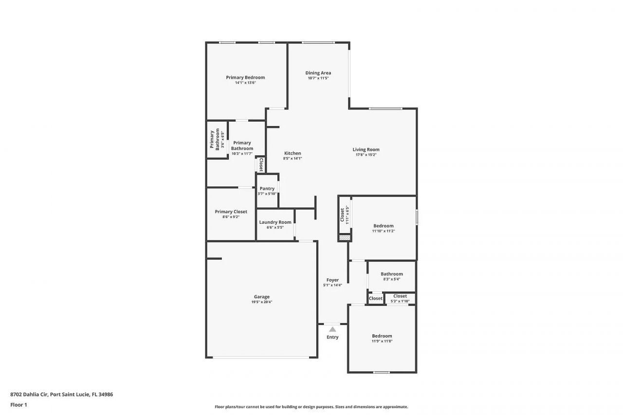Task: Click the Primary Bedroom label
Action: click(x=245, y=77)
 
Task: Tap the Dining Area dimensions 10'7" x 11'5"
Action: click(x=318, y=78)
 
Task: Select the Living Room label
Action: click(x=366, y=149)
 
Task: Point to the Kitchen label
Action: click(x=293, y=153)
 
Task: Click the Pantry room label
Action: click(x=267, y=189)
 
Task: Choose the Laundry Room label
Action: click(x=275, y=222)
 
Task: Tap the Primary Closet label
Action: click(x=231, y=212)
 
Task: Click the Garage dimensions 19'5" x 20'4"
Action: click(x=261, y=302)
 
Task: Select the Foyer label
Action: click(x=332, y=280)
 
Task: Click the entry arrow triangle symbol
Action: click(x=332, y=329)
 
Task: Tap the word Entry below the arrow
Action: click(x=332, y=337)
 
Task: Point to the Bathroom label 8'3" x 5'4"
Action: click(x=391, y=274)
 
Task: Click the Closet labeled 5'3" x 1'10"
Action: click(x=400, y=296)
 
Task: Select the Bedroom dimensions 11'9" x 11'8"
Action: click(x=382, y=342)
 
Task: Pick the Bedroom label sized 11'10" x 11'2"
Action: click(x=383, y=226)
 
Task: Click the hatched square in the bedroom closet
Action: click(x=344, y=238)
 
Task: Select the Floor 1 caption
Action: click(x=18, y=405)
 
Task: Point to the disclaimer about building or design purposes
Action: click(x=311, y=407)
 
